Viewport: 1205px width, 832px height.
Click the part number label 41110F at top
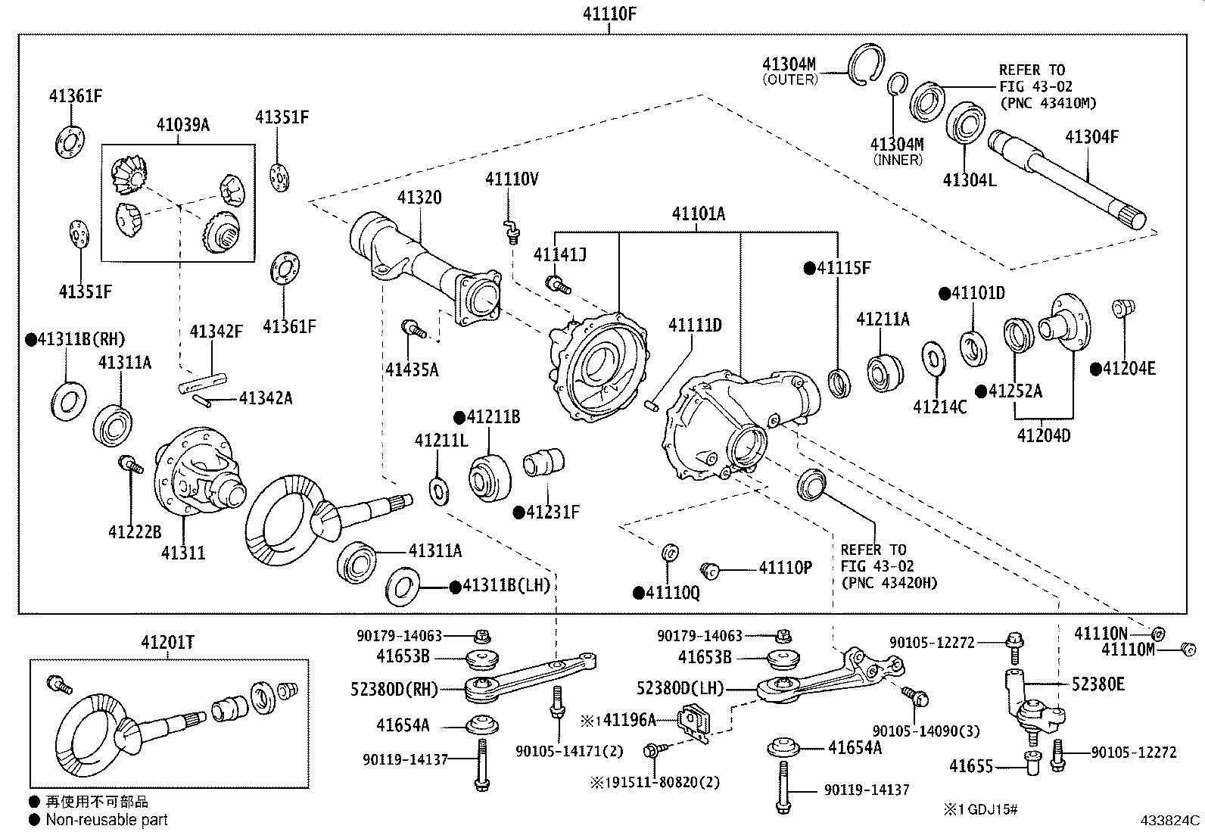(609, 13)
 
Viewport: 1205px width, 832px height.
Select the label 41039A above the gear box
(182, 125)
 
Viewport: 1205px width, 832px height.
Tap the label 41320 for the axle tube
(419, 198)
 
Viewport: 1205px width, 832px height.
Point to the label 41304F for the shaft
(1091, 137)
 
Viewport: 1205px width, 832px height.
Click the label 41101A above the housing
(698, 214)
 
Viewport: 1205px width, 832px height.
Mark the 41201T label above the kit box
(167, 643)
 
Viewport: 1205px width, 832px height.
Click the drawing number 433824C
(1171, 819)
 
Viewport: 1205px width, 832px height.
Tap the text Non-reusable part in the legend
(106, 819)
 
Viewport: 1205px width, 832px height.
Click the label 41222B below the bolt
(135, 532)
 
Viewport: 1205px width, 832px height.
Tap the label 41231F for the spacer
(553, 513)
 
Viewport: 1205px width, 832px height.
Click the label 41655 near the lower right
(971, 766)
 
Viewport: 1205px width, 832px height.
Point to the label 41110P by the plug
(785, 567)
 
